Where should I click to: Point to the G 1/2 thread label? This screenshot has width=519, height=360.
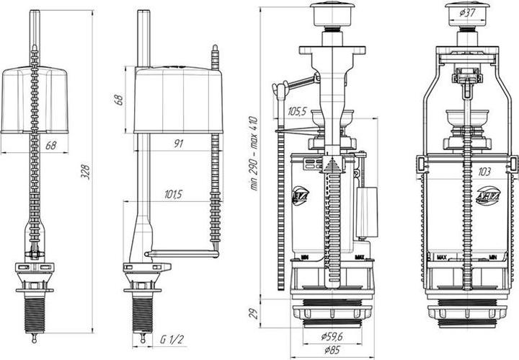(171, 339)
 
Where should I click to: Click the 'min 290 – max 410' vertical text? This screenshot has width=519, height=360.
(254, 154)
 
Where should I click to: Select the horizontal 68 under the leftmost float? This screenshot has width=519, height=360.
(51, 146)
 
